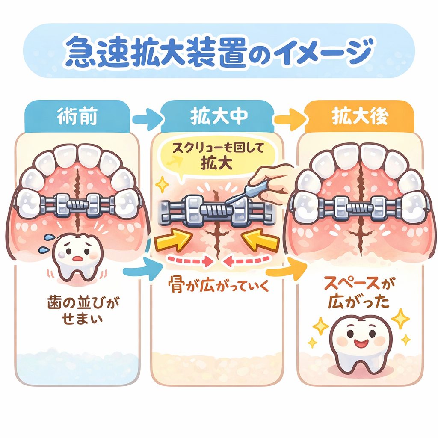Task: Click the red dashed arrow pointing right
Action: [188, 259]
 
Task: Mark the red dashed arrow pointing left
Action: [249, 259]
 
